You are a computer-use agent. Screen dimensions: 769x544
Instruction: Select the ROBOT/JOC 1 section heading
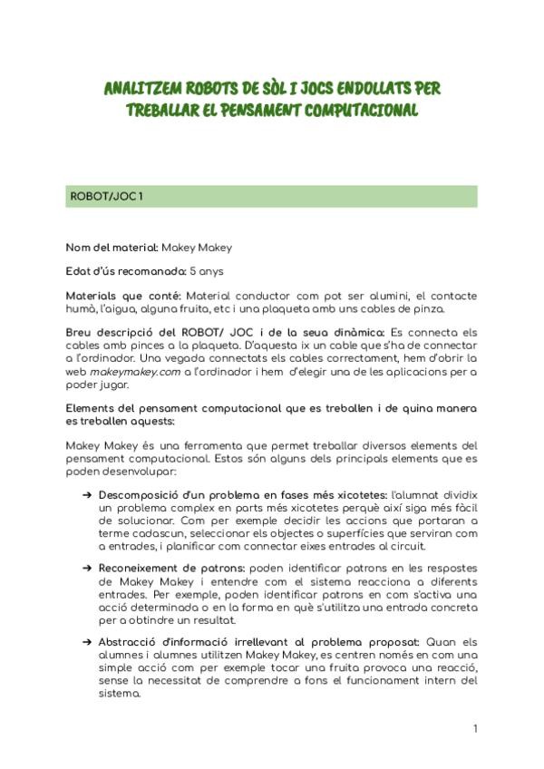coord(106,198)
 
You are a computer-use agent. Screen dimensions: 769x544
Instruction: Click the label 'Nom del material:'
coord(112,248)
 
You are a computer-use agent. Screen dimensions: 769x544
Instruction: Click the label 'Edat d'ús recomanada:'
coord(125,271)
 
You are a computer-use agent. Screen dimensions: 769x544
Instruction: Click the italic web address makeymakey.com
coord(131,372)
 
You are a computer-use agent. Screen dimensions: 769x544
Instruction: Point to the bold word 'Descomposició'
coord(134,496)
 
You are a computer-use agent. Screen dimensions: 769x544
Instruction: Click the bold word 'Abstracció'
coord(126,640)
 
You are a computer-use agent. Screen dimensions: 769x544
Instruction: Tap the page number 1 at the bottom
coord(474,728)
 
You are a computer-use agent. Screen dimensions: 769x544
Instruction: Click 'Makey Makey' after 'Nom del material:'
coord(197,248)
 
